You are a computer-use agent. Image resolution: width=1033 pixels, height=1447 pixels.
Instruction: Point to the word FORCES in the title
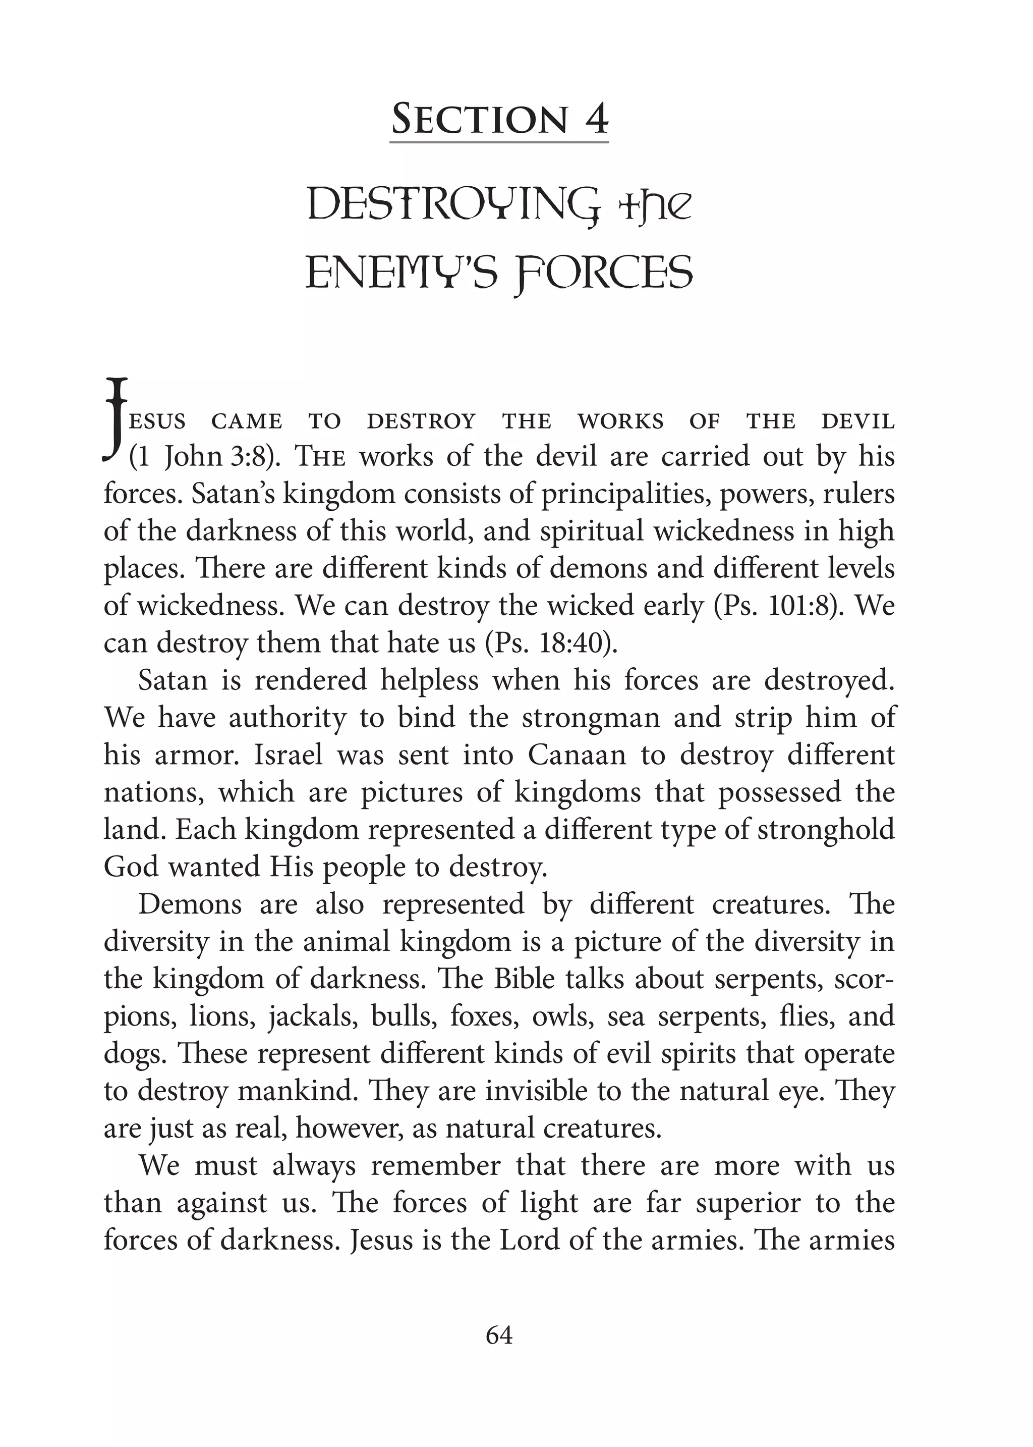pos(604,274)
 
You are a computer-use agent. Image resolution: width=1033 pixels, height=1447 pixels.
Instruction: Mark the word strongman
pos(590,718)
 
